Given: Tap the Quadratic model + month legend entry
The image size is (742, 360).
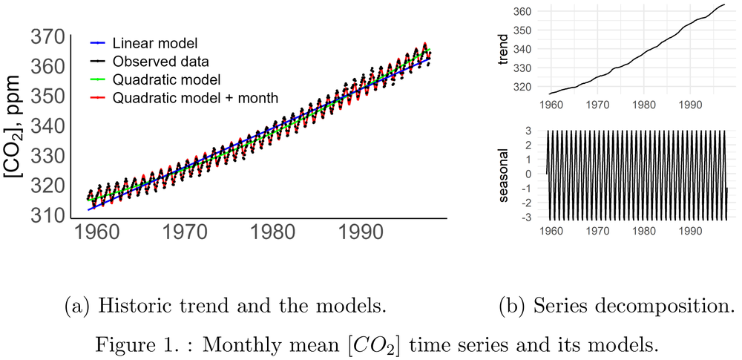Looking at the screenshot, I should pos(196,97).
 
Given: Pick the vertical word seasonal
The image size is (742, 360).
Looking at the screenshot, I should pos(504,175).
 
